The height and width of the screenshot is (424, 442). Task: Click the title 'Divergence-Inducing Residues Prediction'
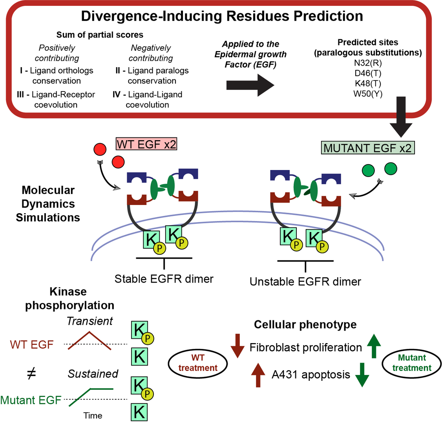[222, 16]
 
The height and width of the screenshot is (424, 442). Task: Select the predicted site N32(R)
[368, 63]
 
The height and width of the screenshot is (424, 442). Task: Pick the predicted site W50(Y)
[368, 94]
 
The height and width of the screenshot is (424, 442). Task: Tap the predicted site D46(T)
[368, 73]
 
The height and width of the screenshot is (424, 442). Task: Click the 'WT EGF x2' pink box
[146, 144]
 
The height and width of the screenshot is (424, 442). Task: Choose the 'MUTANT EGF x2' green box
[368, 148]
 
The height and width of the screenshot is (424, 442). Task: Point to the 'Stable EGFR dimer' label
[164, 279]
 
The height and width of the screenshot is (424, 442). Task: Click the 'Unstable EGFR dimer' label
[305, 281]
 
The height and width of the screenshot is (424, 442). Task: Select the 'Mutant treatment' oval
[412, 363]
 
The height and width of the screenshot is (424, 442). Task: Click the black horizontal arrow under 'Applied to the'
[250, 85]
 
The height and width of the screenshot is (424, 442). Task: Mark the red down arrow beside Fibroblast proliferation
[237, 345]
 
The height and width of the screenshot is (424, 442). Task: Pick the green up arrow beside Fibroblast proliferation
[374, 345]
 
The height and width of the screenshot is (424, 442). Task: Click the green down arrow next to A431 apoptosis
[362, 375]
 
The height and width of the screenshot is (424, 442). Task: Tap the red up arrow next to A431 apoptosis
[258, 375]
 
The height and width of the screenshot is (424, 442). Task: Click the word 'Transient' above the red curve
[89, 321]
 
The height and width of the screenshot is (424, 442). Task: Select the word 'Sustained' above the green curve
[93, 374]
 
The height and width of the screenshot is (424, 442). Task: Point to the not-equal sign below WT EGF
[31, 373]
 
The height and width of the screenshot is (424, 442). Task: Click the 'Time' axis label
[93, 415]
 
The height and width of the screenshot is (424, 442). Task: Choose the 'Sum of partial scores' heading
[100, 35]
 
